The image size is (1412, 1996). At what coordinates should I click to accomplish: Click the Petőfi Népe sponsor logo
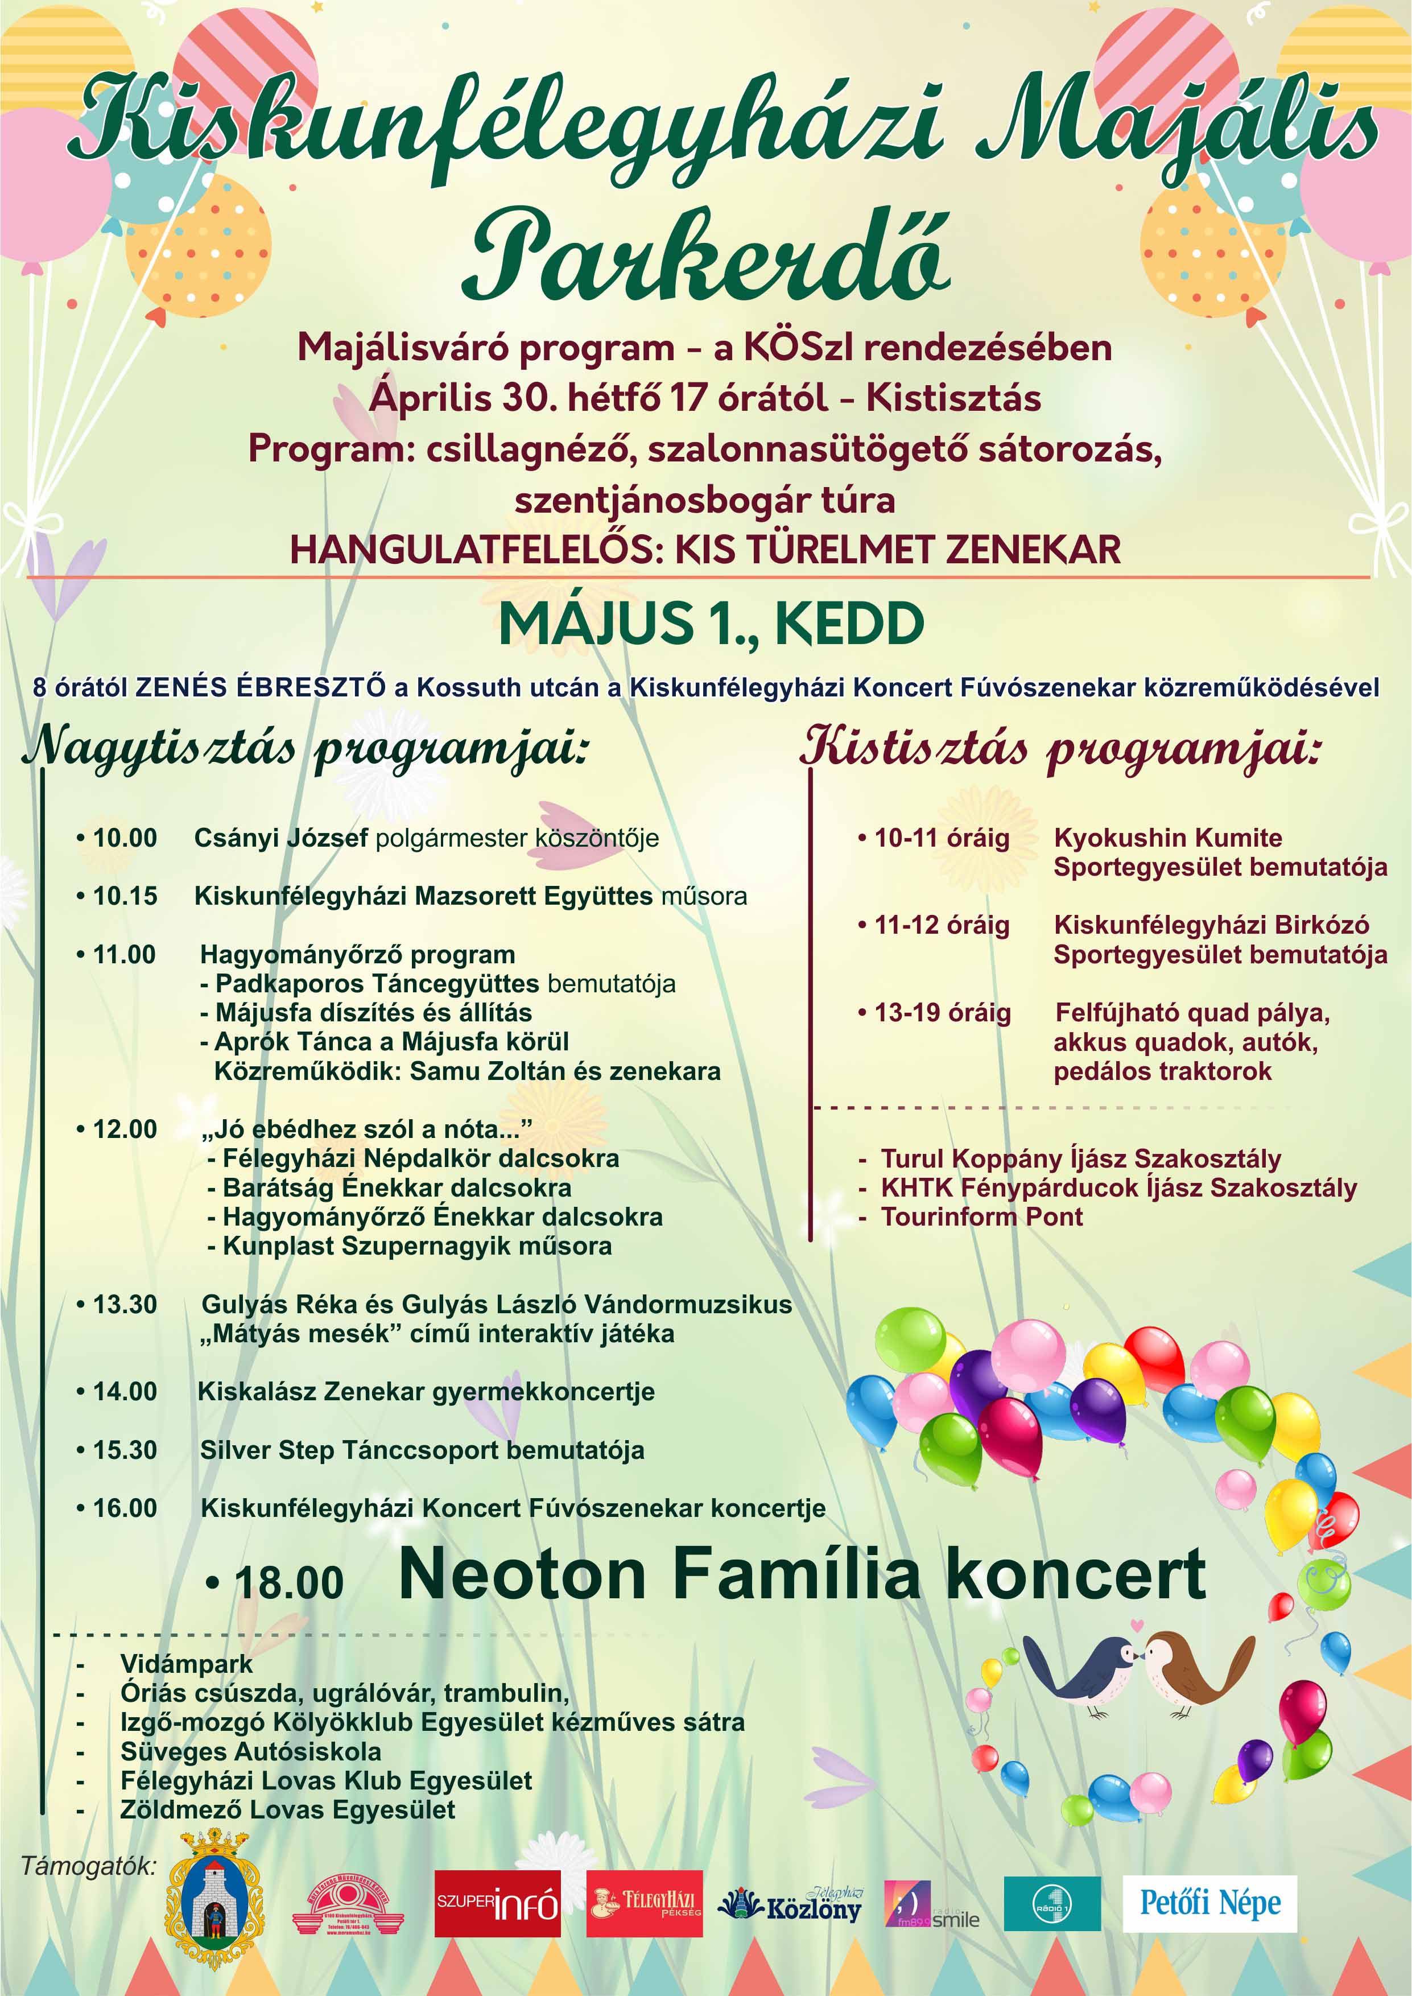tap(1209, 1903)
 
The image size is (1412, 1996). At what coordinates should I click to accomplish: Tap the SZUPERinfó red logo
tap(497, 1903)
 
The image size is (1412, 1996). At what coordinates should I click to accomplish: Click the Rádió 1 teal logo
tap(1052, 1903)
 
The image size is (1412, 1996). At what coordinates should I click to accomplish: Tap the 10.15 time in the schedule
tap(125, 896)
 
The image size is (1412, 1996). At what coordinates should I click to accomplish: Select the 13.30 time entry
tap(125, 1304)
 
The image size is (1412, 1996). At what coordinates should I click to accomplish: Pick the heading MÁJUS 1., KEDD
tap(711, 624)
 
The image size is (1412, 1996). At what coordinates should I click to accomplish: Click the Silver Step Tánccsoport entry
tap(422, 1450)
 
